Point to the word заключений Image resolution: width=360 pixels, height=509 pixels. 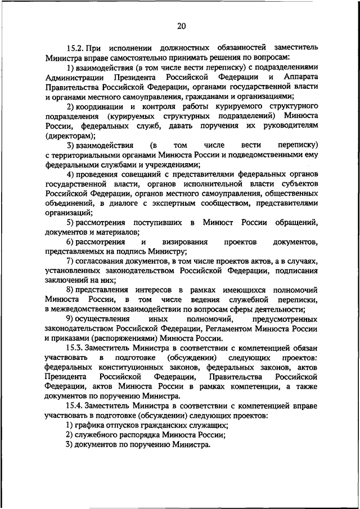pos(65,281)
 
